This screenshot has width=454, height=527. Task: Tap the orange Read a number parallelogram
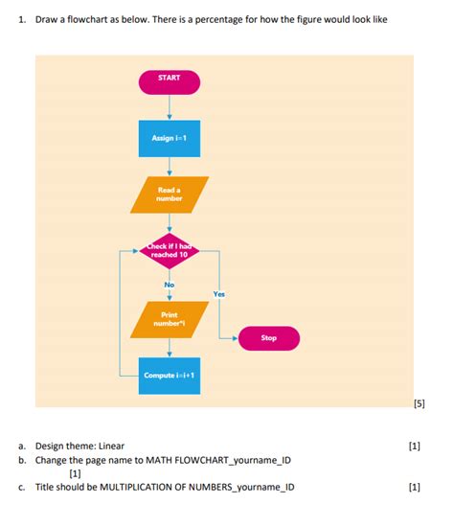(x=170, y=195)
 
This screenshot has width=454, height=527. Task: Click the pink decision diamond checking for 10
(x=170, y=252)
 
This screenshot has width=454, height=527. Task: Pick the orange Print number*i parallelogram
(x=170, y=318)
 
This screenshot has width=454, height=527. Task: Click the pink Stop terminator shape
(x=268, y=338)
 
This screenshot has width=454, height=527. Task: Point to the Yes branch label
(x=219, y=295)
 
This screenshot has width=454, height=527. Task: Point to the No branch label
(x=170, y=285)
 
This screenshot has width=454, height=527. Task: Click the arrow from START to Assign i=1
(x=170, y=108)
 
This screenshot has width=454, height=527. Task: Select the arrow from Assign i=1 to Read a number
(x=170, y=165)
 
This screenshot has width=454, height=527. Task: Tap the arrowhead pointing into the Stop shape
(x=234, y=338)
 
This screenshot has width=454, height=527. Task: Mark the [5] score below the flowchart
(x=418, y=404)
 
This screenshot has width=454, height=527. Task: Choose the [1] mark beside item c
(x=414, y=487)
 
